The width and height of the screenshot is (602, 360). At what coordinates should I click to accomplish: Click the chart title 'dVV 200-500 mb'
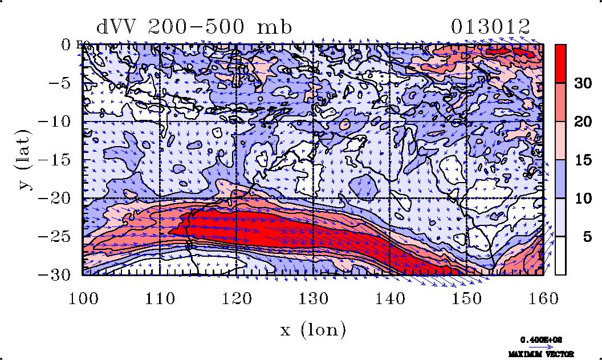[194, 27]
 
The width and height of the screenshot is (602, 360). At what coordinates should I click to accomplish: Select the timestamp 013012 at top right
[490, 27]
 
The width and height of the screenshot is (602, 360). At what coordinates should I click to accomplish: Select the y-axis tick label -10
[55, 121]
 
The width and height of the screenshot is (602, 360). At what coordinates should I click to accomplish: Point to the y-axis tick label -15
[55, 160]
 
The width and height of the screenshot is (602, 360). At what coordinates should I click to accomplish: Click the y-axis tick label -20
[55, 198]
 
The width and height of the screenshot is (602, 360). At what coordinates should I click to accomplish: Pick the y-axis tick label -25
[55, 236]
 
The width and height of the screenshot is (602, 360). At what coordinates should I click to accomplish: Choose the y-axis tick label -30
[55, 274]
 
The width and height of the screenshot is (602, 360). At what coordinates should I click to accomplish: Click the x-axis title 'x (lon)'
[313, 330]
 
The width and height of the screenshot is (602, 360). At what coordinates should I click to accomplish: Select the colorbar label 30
[581, 83]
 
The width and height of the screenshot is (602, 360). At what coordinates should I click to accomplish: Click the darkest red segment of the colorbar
[560, 63]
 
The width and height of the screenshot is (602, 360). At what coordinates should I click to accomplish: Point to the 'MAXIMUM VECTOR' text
[542, 354]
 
